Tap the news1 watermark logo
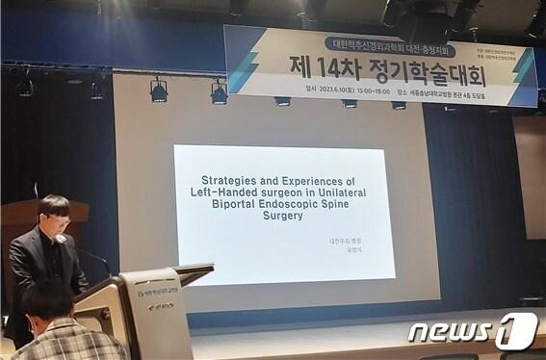click(471, 332)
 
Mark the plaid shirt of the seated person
click(67, 342)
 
